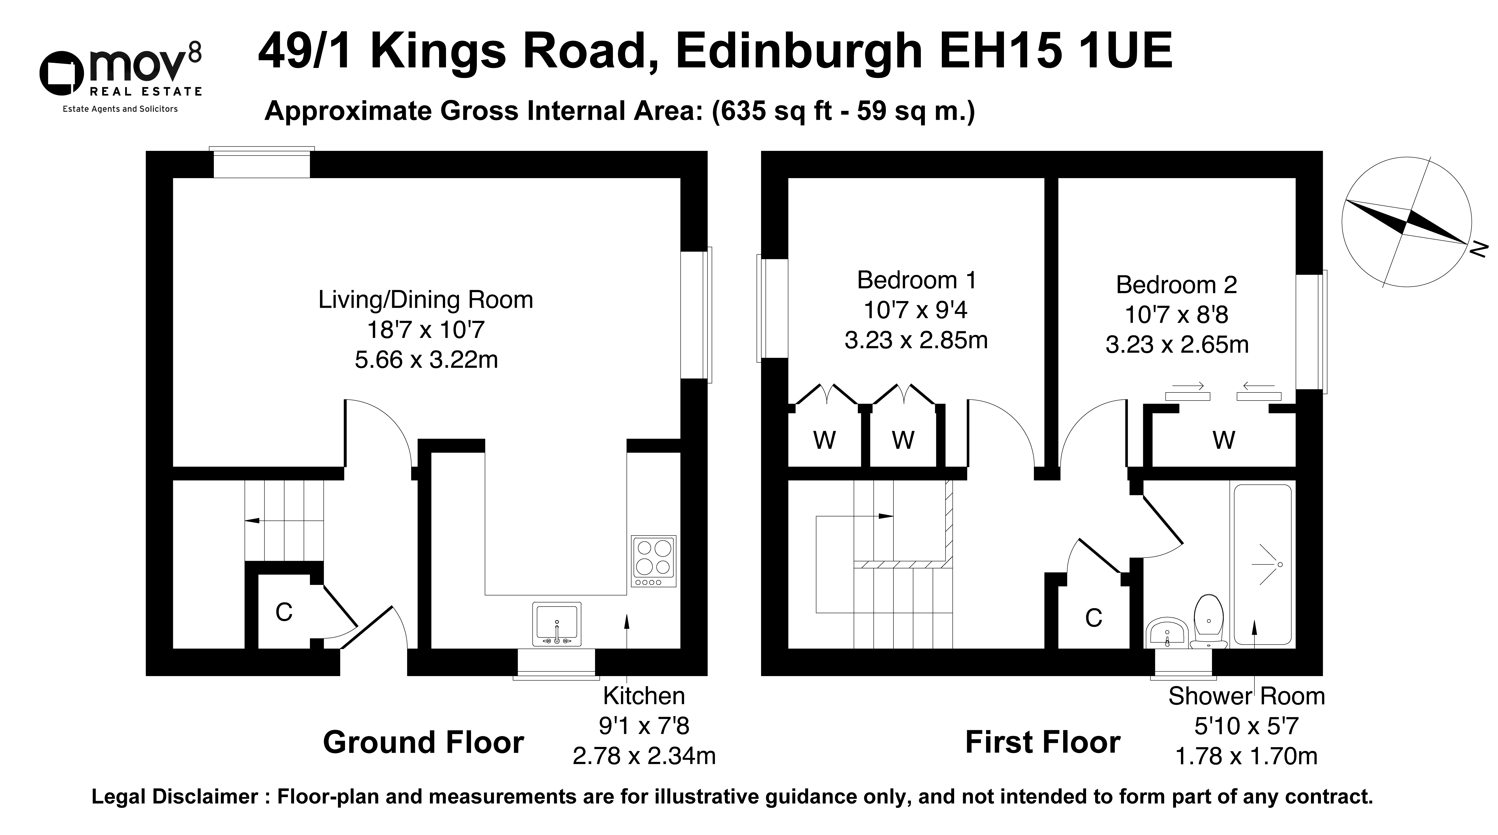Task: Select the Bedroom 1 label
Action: [917, 280]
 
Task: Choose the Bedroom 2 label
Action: [1176, 285]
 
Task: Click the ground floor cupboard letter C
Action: [284, 612]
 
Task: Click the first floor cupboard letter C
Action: [1094, 618]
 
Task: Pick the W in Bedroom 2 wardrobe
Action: [1224, 440]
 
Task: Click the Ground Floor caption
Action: [423, 742]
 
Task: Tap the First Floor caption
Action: [1043, 742]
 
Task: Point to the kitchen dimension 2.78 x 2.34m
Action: [644, 756]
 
